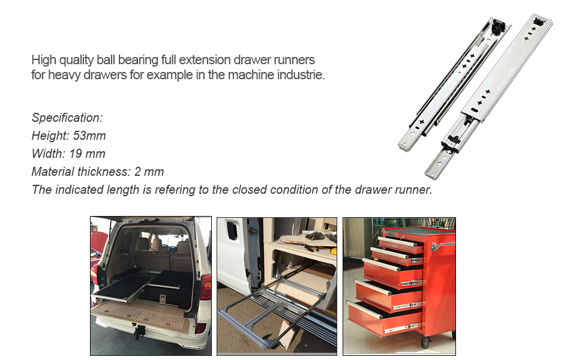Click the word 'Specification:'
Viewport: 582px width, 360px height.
pyautogui.click(x=67, y=118)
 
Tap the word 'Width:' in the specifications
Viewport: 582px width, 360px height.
pyautogui.click(x=48, y=154)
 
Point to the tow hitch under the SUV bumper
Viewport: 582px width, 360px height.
pyautogui.click(x=139, y=332)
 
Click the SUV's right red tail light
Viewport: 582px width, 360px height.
pyautogui.click(x=205, y=287)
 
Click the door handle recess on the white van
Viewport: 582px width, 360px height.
pyautogui.click(x=232, y=231)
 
